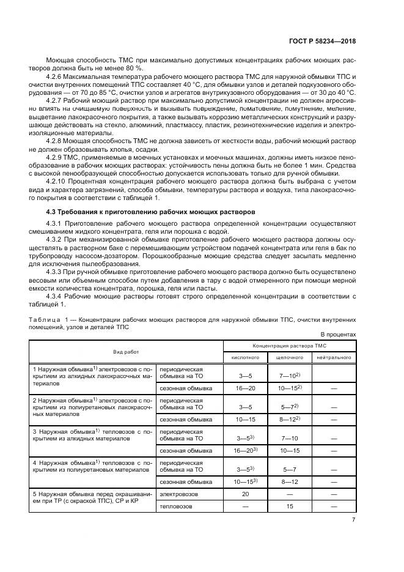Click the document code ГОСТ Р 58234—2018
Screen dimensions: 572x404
pos(323,41)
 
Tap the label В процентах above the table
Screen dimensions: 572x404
pos(338,334)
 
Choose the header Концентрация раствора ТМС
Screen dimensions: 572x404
pos(289,346)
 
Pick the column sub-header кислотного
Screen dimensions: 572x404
pos(245,356)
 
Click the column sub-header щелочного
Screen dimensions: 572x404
pos(288,356)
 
